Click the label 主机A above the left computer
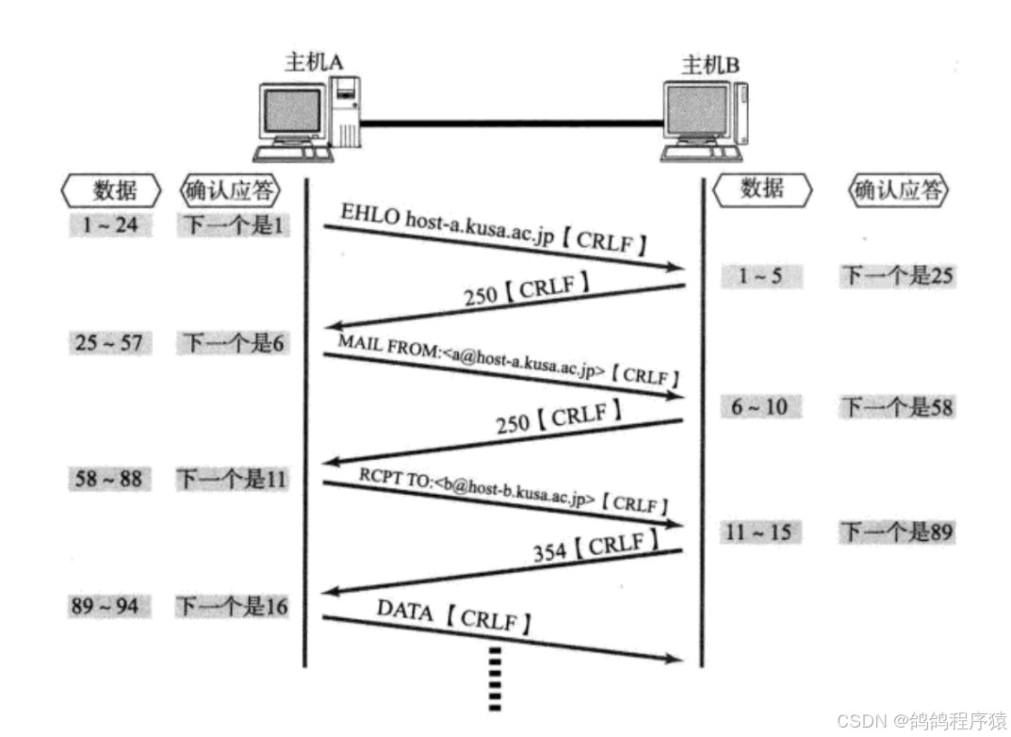313,62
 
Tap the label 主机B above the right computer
709,65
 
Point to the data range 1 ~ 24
109,225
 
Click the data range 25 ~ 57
109,342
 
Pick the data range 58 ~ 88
109,479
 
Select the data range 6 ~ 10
759,406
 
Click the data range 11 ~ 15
758,532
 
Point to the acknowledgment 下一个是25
897,275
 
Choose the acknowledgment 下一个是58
897,406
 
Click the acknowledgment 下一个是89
897,532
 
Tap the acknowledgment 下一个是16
232,606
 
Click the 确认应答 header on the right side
897,190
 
